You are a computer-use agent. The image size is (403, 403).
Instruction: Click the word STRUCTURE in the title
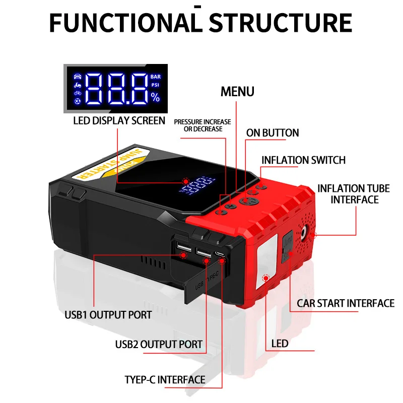[x=281, y=23]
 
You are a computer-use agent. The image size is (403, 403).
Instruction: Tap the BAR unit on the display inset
[x=155, y=77]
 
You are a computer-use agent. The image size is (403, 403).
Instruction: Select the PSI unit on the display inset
[x=155, y=85]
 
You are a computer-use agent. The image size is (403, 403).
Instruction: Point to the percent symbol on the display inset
[x=155, y=98]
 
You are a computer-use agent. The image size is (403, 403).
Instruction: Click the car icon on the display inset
[x=77, y=77]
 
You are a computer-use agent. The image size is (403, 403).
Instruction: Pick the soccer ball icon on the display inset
[x=77, y=102]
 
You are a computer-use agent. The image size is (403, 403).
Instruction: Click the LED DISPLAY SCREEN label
[x=119, y=120]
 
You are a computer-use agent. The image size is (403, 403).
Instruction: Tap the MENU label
[x=238, y=92]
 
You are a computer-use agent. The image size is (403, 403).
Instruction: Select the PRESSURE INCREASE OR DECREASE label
[x=202, y=125]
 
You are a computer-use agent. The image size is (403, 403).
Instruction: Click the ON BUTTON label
[x=273, y=133]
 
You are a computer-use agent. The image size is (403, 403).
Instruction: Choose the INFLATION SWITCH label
[x=303, y=160]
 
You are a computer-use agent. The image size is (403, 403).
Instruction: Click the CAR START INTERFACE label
[x=345, y=303]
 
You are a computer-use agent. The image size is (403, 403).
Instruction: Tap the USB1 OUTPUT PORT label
[x=108, y=315]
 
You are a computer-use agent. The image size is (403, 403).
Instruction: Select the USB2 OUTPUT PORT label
[x=159, y=345]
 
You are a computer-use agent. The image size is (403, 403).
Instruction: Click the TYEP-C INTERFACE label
[x=165, y=379]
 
